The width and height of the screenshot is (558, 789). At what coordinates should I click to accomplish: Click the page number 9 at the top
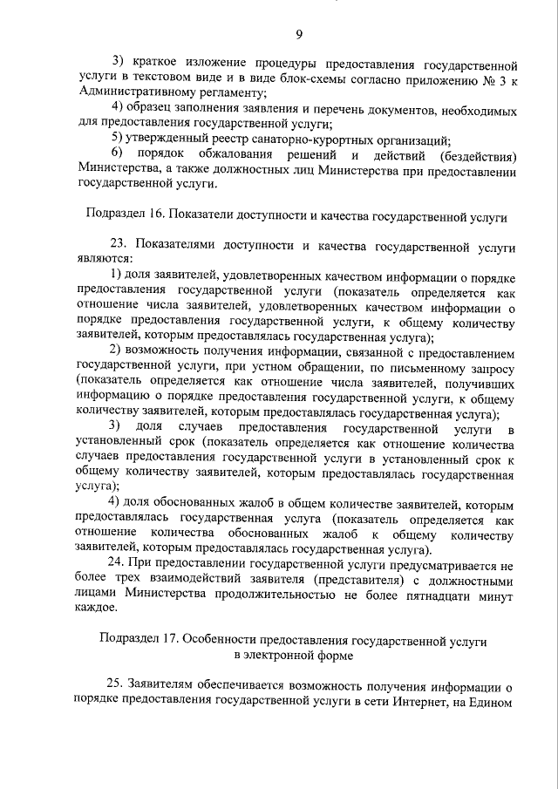click(x=299, y=35)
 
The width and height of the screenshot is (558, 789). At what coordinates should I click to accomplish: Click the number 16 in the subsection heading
click(x=153, y=214)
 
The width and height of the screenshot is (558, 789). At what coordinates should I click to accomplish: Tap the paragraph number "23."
click(x=119, y=244)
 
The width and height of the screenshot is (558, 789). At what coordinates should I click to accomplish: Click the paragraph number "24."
click(x=119, y=563)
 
